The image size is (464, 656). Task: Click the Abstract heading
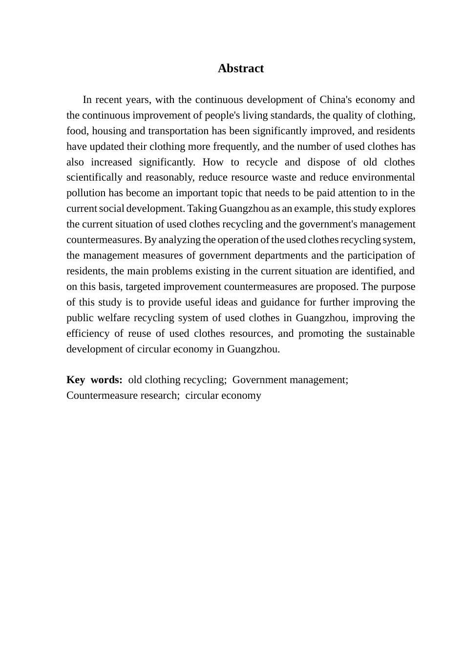(x=241, y=68)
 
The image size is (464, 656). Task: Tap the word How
(x=213, y=163)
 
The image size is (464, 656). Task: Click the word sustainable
(x=389, y=334)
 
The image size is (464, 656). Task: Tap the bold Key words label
(x=94, y=380)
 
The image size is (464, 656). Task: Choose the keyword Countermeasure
(x=102, y=396)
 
